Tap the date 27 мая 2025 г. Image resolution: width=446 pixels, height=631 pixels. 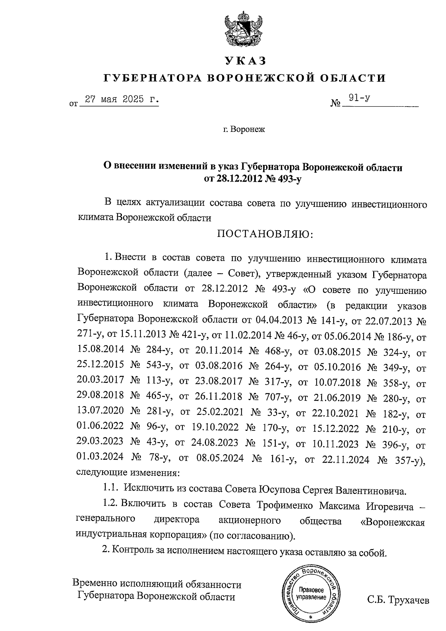(x=121, y=100)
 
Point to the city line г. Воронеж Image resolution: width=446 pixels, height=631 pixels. (x=244, y=130)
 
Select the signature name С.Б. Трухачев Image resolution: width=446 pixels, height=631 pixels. (x=398, y=600)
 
